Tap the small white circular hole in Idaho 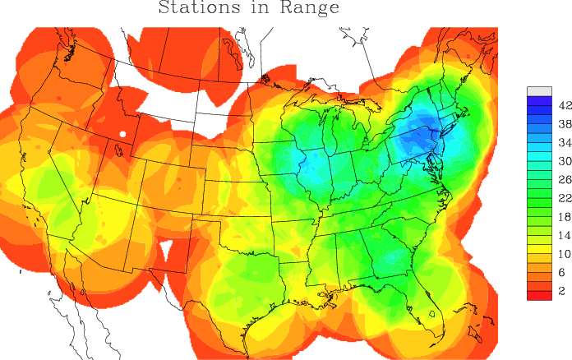point(122,133)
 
